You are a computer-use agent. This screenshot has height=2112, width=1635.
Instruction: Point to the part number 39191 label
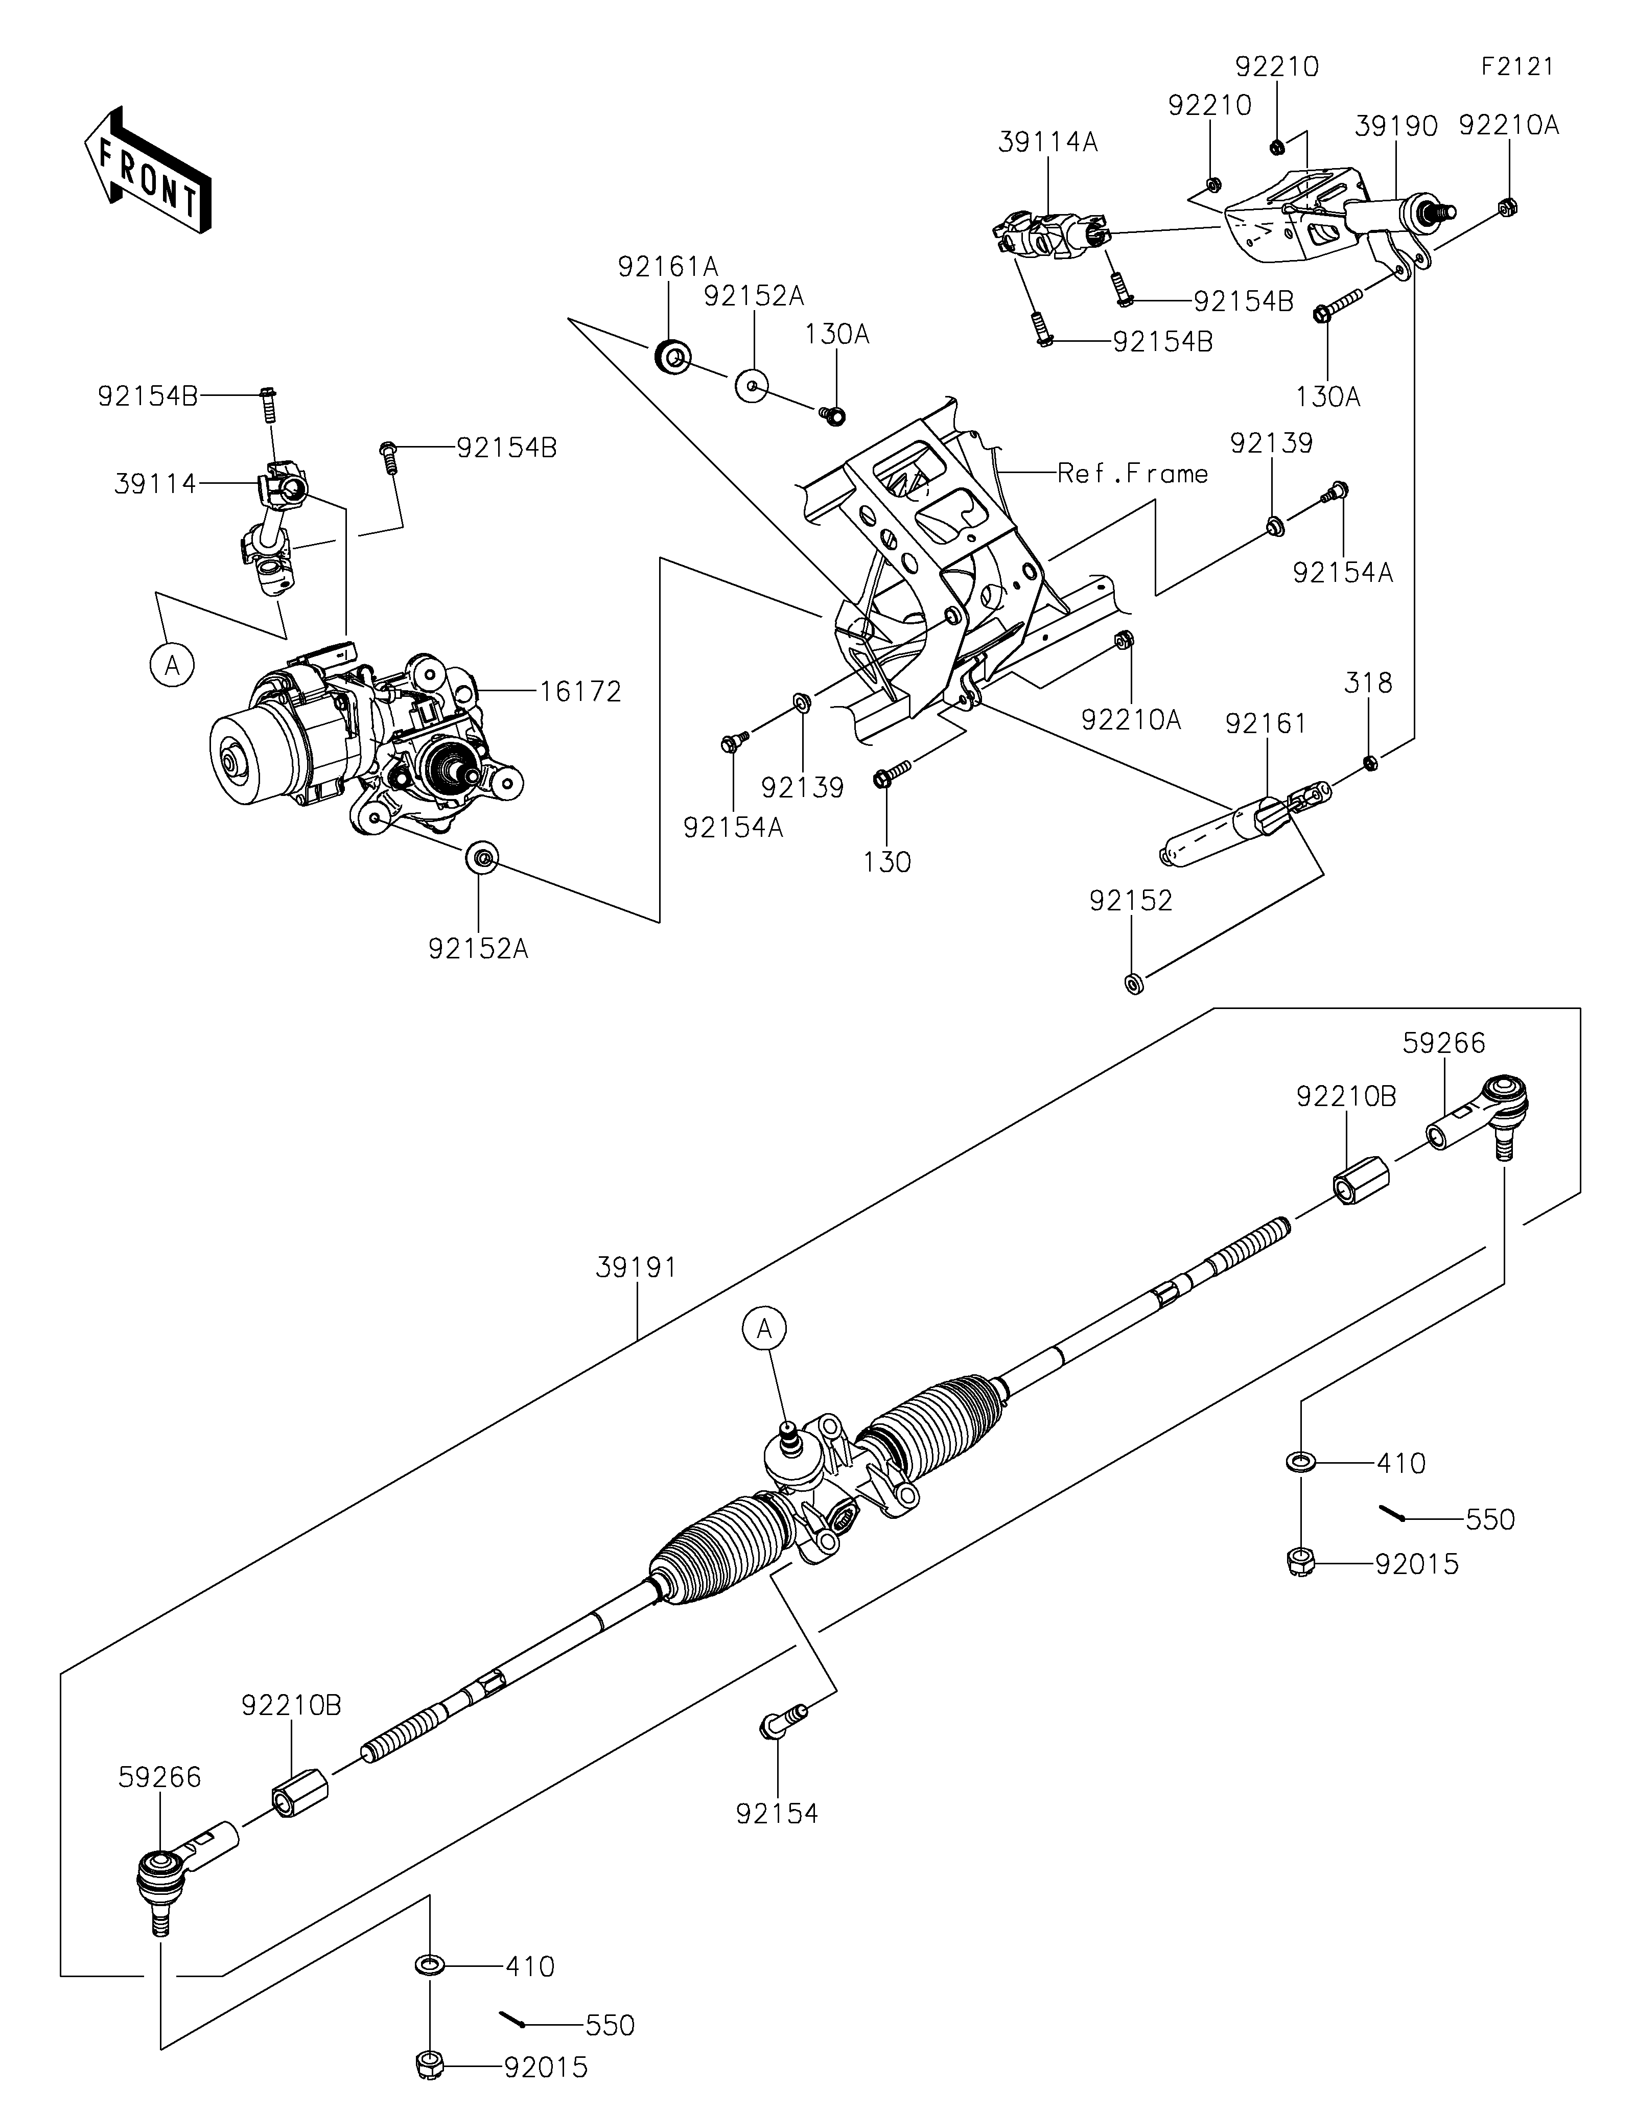coord(636,1267)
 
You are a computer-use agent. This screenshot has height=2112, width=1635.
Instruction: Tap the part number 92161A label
coord(668,267)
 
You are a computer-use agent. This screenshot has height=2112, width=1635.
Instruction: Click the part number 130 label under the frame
coord(886,862)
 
